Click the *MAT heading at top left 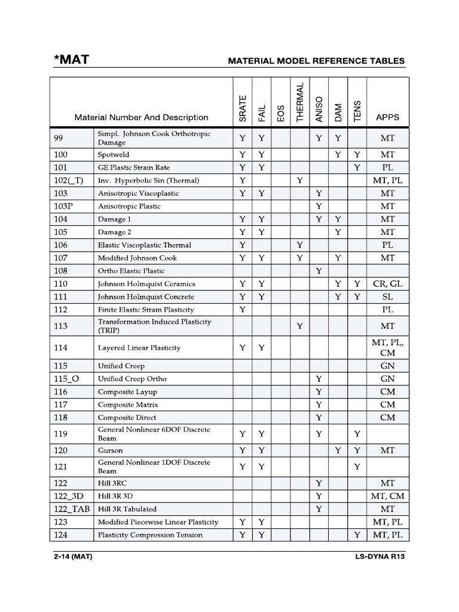click(72, 60)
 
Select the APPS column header click(387, 117)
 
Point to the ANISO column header click(319, 109)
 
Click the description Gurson click(110, 450)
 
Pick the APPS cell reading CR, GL click(387, 284)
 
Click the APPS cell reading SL click(387, 297)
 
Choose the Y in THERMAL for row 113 click(299, 326)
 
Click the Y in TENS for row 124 click(357, 535)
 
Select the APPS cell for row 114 click(387, 348)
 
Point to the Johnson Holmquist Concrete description click(146, 297)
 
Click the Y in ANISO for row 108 click(319, 271)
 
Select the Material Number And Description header click(141, 117)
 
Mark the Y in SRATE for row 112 click(242, 310)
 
